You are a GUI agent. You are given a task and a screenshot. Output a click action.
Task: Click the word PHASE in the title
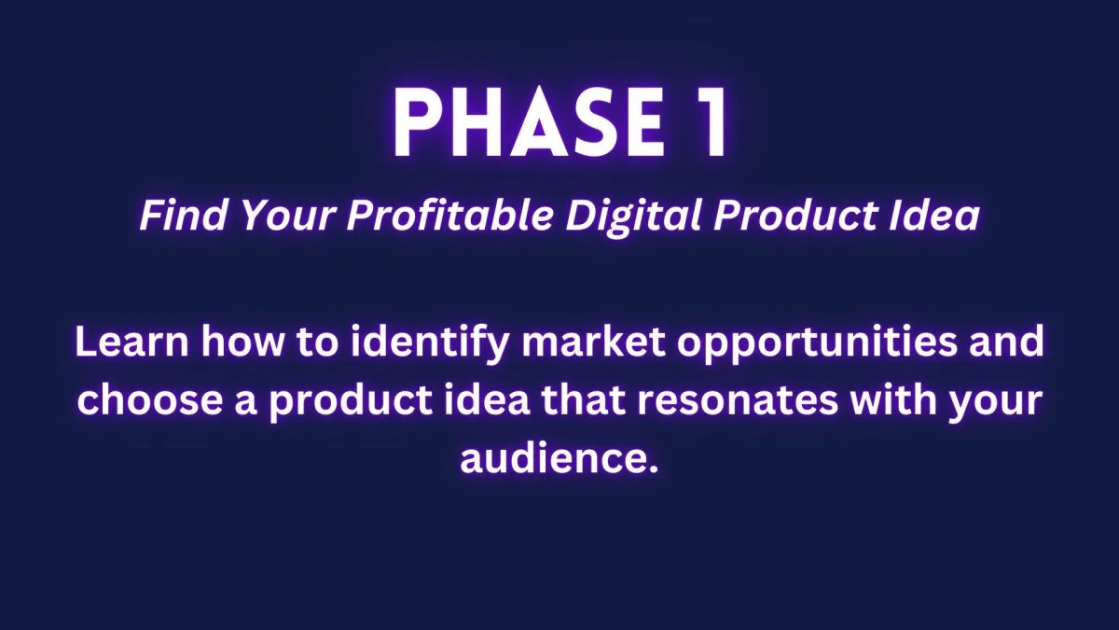click(x=530, y=123)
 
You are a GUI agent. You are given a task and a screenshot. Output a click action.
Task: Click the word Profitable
click(x=450, y=216)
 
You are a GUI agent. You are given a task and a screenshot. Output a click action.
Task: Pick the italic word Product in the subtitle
click(x=795, y=216)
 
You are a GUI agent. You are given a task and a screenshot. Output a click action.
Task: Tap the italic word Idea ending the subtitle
click(x=934, y=216)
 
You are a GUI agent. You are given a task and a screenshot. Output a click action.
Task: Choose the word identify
click(x=429, y=344)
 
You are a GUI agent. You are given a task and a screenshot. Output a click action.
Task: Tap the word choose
click(x=149, y=399)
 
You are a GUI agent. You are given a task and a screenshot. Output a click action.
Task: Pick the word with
click(x=893, y=399)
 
